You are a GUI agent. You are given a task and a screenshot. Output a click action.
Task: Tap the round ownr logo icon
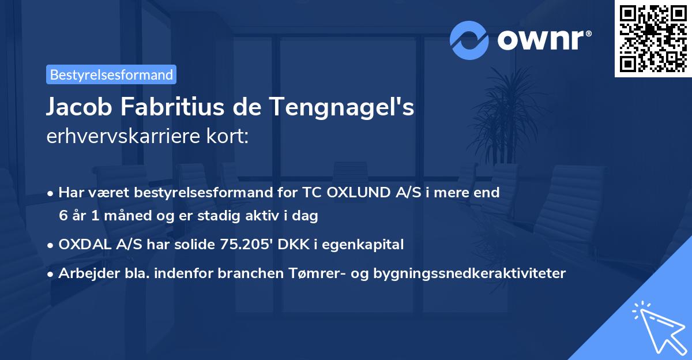point(469,40)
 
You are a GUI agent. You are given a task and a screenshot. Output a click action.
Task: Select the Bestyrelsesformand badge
point(111,74)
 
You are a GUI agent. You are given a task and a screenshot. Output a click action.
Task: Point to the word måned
point(135,216)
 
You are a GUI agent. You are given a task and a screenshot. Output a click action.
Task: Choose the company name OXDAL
point(84,245)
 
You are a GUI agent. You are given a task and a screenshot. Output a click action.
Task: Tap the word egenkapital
point(363,245)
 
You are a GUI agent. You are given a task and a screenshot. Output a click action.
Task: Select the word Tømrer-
point(315,273)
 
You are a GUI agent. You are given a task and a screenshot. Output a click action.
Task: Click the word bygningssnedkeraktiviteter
point(469,273)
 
